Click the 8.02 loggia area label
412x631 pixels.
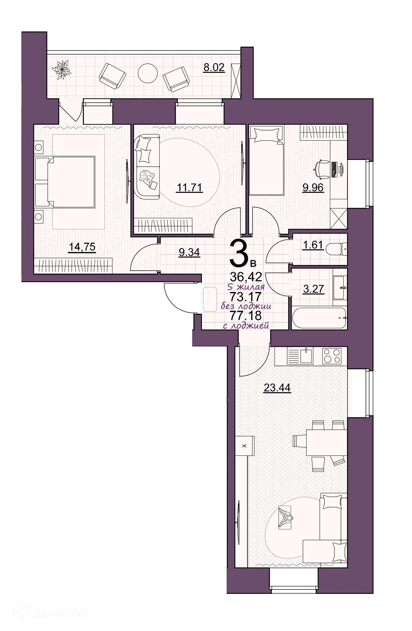[214, 67]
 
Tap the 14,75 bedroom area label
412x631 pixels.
[82, 247]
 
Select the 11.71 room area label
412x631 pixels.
[189, 188]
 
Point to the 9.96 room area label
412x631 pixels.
[313, 188]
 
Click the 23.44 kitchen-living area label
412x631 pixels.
[277, 388]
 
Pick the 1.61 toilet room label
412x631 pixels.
[313, 245]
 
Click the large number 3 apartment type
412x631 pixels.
[239, 253]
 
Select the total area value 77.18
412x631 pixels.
[245, 315]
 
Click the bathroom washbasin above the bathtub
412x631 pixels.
[339, 287]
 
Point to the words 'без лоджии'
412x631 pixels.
[246, 306]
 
